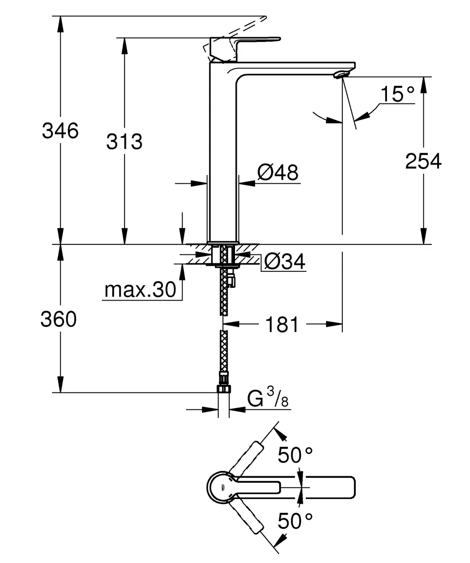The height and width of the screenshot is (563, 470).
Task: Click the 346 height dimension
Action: click(60, 130)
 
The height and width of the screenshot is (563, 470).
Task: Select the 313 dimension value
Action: click(124, 141)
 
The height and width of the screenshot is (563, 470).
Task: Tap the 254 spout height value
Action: click(423, 161)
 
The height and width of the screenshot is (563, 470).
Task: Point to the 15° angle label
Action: click(397, 94)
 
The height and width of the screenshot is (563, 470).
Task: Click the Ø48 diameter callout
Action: click(278, 172)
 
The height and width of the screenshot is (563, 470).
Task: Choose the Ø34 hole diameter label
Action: click(284, 262)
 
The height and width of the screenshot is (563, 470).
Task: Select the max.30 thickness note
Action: click(141, 290)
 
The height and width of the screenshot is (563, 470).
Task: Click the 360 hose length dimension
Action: click(59, 319)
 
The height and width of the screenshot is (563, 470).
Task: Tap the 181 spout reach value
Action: click(282, 325)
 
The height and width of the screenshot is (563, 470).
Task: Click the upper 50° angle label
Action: click(295, 455)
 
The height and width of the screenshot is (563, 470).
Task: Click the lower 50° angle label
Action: click(295, 521)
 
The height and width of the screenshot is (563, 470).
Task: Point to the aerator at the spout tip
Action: click(340, 74)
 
